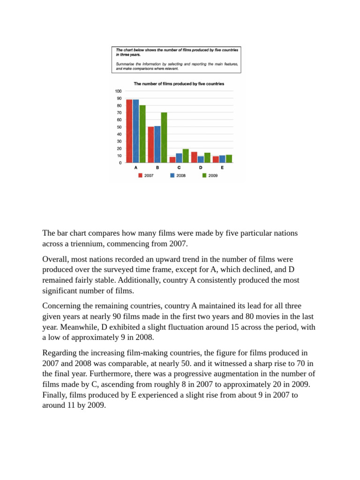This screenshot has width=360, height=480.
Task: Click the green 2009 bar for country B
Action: coord(164,137)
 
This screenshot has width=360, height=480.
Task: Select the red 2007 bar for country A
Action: coord(129,131)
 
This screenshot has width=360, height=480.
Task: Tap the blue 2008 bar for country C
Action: coord(179,158)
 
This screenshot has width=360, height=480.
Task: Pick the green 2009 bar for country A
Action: coord(142,134)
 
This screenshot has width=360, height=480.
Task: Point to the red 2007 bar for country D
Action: coord(194,157)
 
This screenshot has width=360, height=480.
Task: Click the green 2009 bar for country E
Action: coord(229,159)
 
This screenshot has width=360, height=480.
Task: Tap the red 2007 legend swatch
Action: coord(140,175)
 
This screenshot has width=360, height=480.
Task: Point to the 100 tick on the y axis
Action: coord(118,91)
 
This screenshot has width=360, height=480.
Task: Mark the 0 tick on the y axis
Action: coord(120,163)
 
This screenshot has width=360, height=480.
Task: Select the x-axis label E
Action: coord(222,167)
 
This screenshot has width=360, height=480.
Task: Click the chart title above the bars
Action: coord(179,84)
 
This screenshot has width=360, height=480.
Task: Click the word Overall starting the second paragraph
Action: coord(55,259)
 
